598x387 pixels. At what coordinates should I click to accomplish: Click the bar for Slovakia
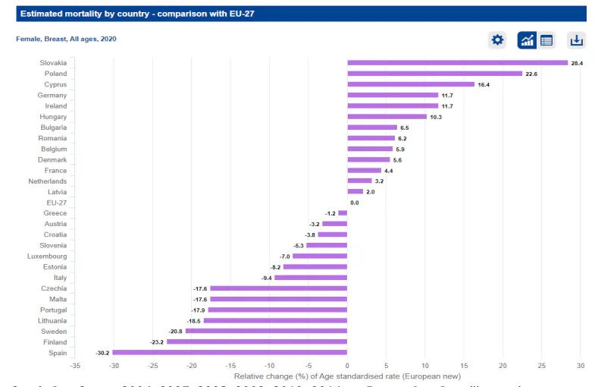pos(457,63)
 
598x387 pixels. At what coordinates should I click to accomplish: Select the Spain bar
pos(230,353)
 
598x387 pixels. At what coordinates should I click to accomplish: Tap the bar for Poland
pos(434,74)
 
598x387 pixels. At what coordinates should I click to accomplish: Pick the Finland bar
pos(257,342)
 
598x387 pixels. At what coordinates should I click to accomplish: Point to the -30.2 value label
pos(102,353)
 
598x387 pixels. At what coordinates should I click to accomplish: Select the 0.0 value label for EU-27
pos(355,203)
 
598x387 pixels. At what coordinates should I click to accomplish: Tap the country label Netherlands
pos(48,181)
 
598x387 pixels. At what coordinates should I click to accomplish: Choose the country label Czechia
pos(54,288)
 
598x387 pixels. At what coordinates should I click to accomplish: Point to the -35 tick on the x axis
pos(74,366)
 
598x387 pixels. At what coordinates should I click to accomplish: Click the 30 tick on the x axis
pos(580,366)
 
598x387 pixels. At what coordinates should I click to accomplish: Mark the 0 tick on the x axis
pos(346,366)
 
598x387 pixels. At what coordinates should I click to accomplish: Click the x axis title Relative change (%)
pos(347,376)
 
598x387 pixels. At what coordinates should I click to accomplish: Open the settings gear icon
pos(497,40)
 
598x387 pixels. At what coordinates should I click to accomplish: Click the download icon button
pos(576,40)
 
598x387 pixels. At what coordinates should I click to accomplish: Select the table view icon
pos(546,40)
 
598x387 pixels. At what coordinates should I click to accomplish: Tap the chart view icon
pos(527,40)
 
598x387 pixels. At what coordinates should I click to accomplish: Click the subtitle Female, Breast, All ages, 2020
pos(66,39)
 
